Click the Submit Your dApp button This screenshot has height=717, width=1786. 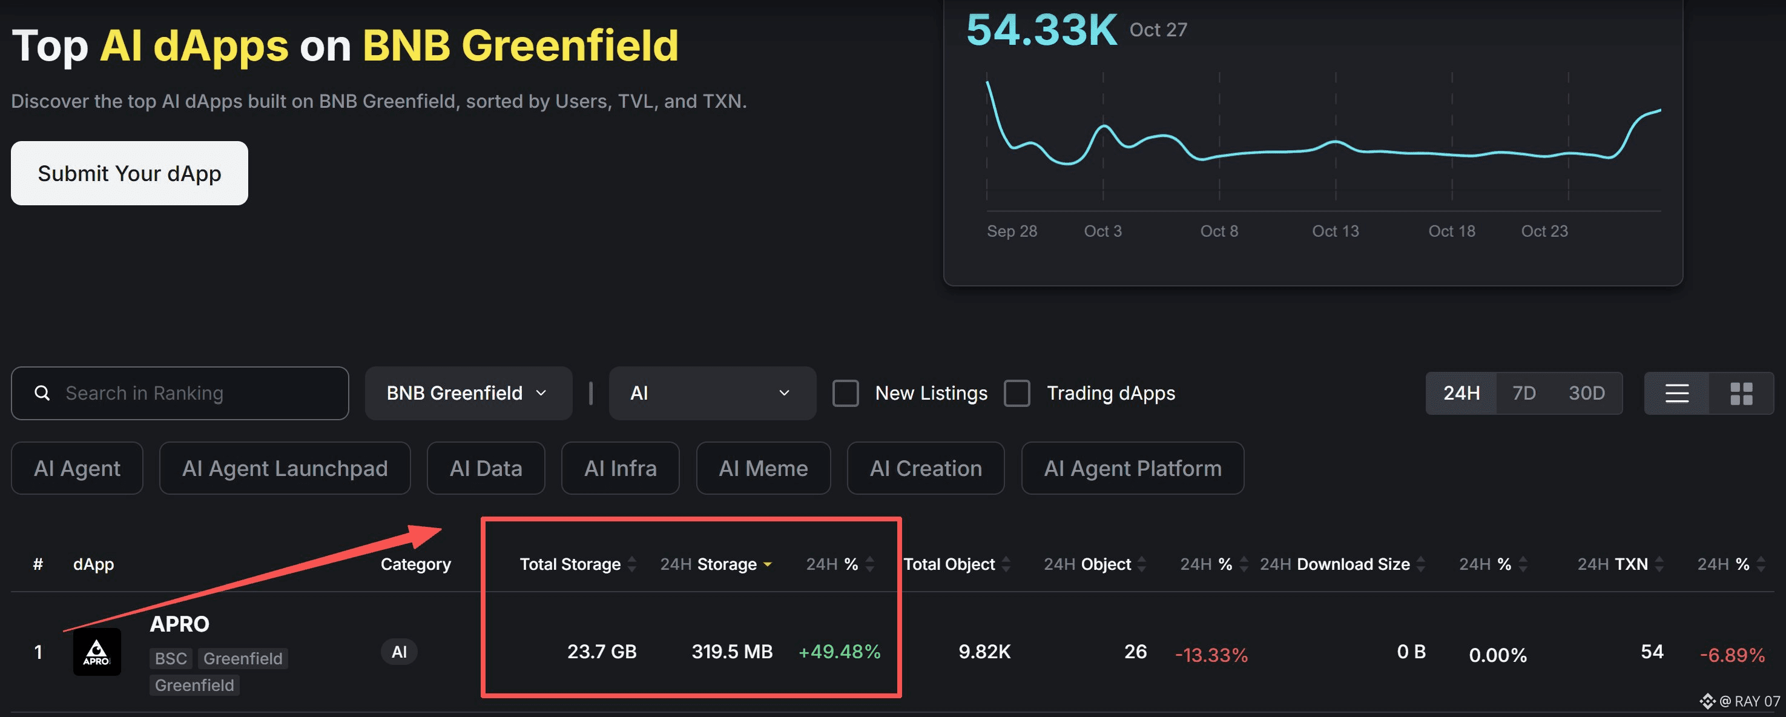(x=129, y=173)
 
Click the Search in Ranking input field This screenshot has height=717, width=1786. (x=180, y=393)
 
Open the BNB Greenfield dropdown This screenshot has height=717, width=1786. (x=468, y=393)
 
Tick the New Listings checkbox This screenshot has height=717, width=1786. (x=845, y=393)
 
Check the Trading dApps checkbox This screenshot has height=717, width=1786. (x=1017, y=393)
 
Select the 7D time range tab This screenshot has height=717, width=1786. (x=1523, y=393)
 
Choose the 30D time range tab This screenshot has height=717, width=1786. (x=1586, y=393)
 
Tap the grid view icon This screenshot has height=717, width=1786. (x=1741, y=393)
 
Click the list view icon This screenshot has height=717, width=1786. (x=1676, y=393)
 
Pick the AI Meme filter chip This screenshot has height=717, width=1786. (x=763, y=469)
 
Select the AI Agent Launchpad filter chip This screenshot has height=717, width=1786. (x=285, y=469)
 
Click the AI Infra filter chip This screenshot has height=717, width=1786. (x=620, y=469)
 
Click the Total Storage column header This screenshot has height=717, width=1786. (x=570, y=564)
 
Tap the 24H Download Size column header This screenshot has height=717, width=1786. (x=1334, y=564)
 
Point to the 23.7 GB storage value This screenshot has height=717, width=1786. (x=601, y=652)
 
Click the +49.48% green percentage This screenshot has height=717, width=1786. (x=839, y=652)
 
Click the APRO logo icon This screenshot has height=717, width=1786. (x=97, y=652)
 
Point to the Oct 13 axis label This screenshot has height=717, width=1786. (x=1336, y=231)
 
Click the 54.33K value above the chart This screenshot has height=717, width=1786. (x=1041, y=30)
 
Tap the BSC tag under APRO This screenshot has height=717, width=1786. (x=171, y=659)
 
